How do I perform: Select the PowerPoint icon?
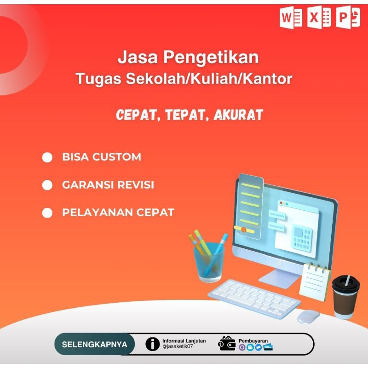click(348, 18)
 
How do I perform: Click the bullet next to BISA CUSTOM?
click(47, 157)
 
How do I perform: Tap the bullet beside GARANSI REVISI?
click(47, 185)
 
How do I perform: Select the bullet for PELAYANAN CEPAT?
click(47, 213)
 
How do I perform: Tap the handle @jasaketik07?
click(178, 347)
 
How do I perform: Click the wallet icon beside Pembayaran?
click(227, 343)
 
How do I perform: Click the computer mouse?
click(308, 316)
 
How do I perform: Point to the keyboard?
click(253, 298)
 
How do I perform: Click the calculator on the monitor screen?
click(302, 239)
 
